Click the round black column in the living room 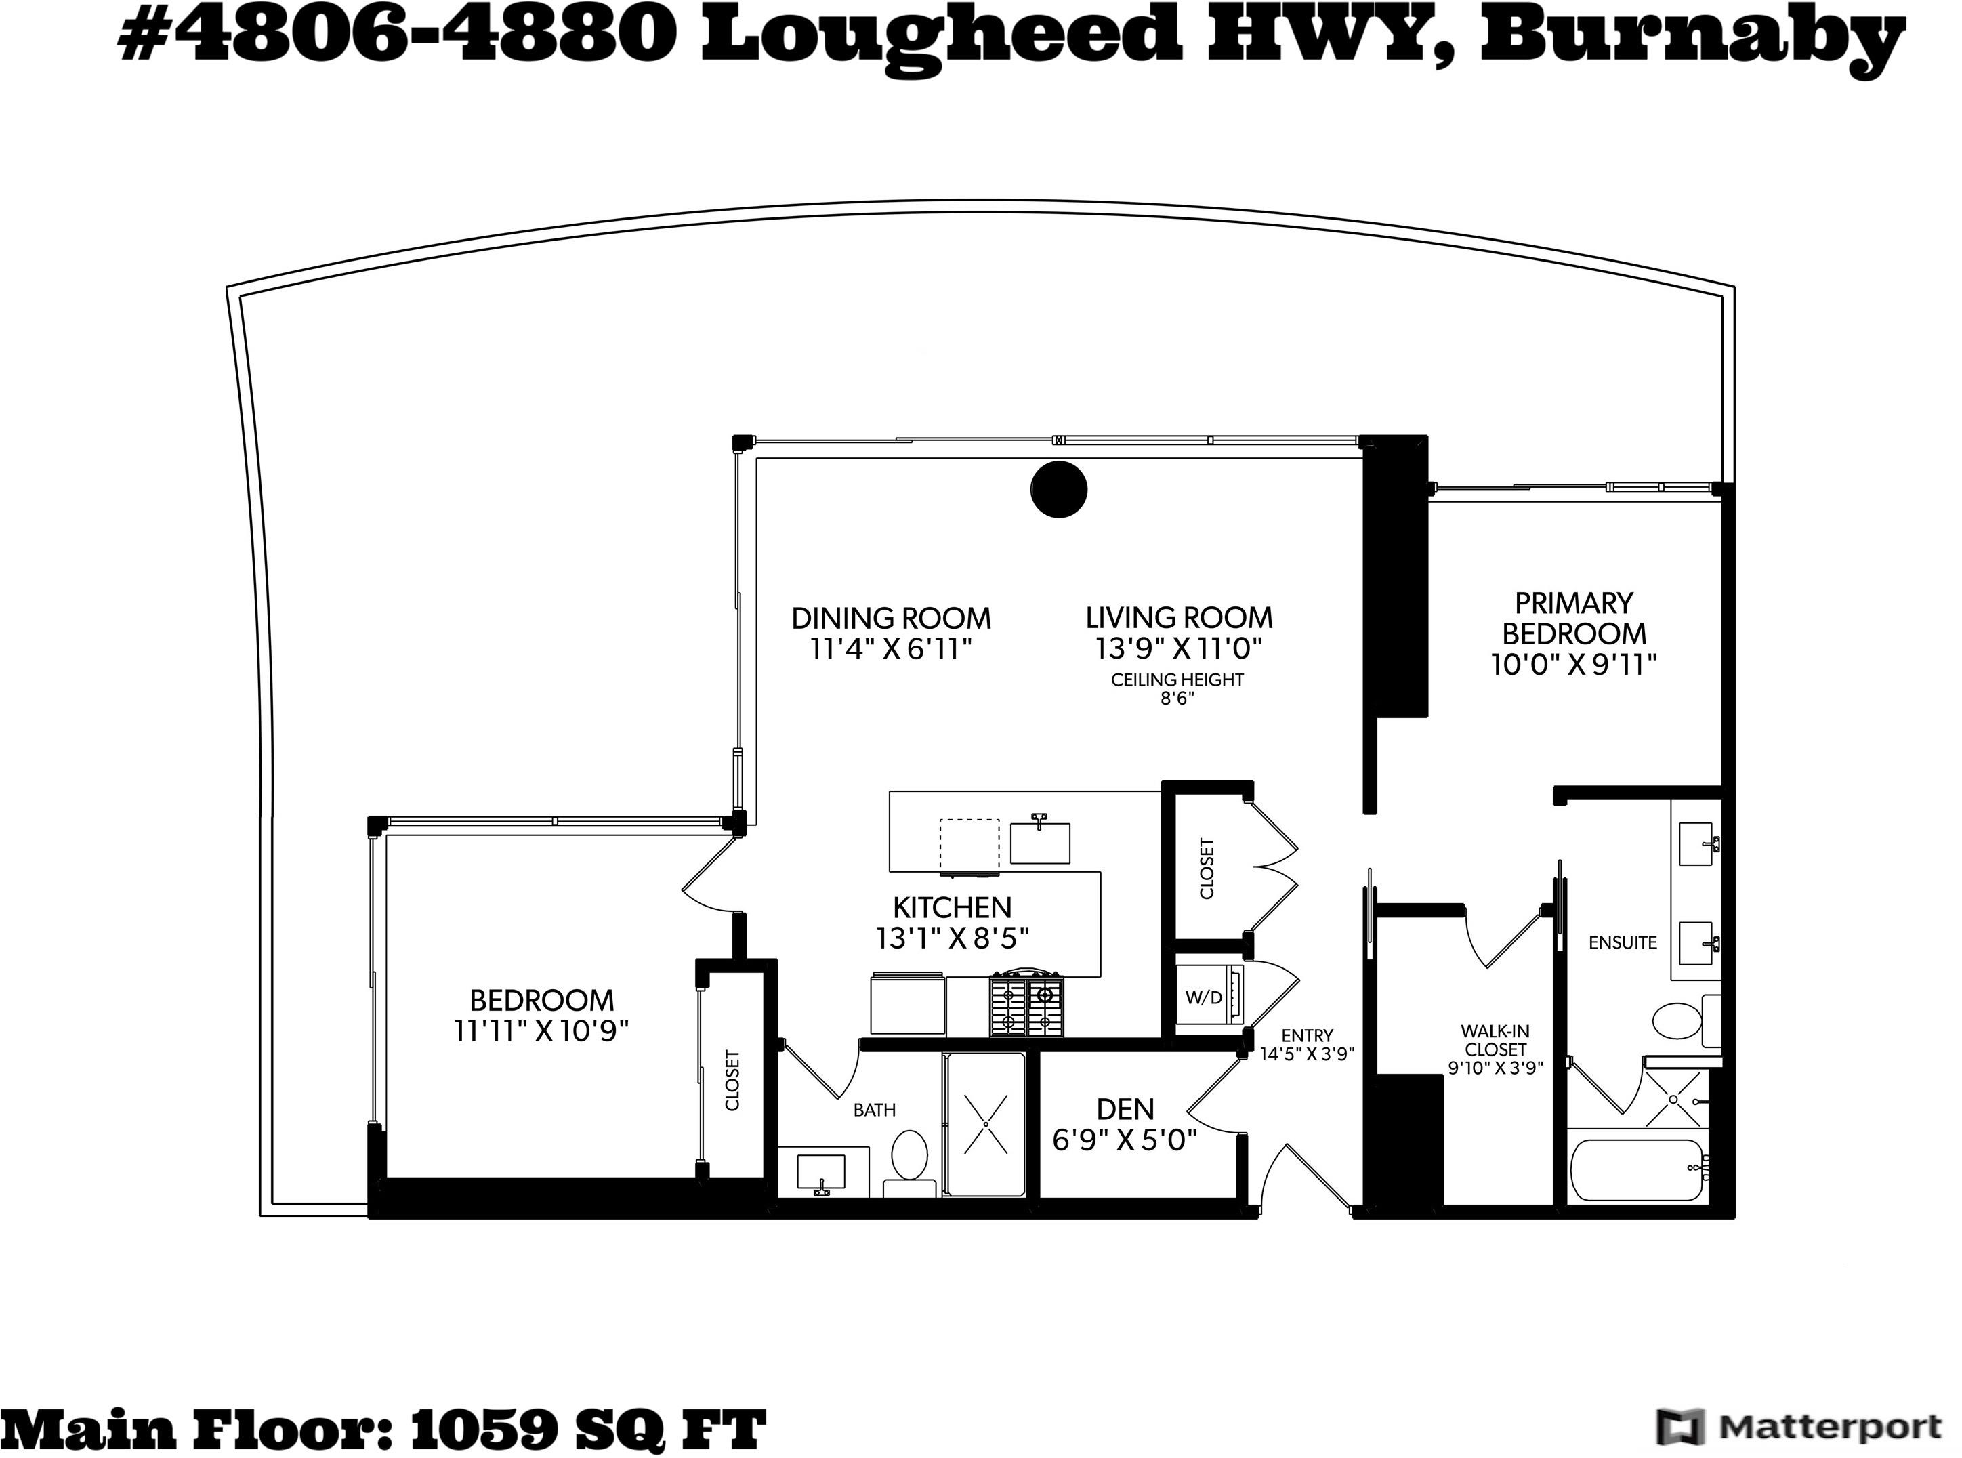point(1058,489)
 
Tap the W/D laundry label point(1204,997)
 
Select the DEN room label point(1125,1108)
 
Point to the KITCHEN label point(953,907)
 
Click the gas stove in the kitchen point(1026,1003)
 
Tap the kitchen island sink point(1040,842)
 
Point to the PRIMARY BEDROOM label point(1574,618)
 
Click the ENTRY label point(1307,1035)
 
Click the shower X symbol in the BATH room point(985,1123)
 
